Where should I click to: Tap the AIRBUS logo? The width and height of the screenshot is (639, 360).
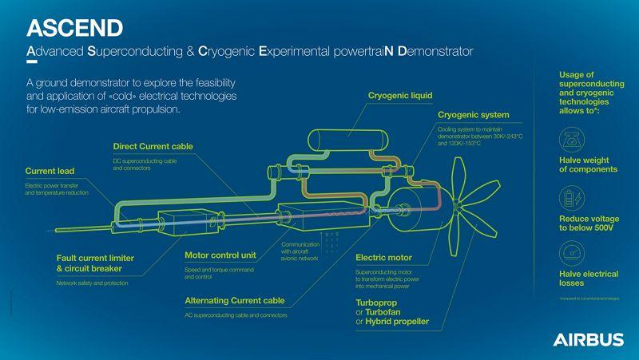pyautogui.click(x=588, y=339)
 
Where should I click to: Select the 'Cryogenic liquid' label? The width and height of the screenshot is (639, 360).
pyautogui.click(x=399, y=96)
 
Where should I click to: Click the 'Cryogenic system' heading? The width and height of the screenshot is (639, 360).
pyautogui.click(x=474, y=115)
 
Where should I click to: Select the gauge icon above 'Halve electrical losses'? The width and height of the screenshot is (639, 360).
pyautogui.click(x=577, y=253)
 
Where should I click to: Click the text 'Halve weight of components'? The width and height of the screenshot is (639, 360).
pyautogui.click(x=587, y=164)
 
